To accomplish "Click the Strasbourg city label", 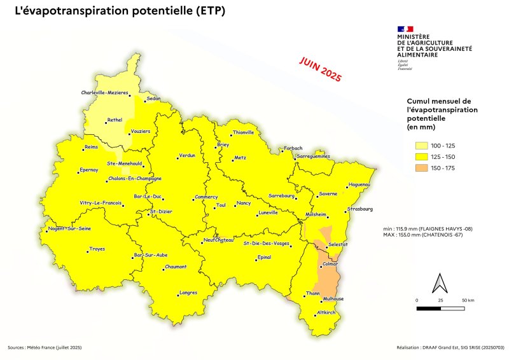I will point(360,209).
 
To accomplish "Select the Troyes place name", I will point(97,249).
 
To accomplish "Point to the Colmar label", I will point(330,264).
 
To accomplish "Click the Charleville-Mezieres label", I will point(104,93).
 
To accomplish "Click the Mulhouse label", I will point(333,299).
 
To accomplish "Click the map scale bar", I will point(440,308).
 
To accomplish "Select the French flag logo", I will point(405,29).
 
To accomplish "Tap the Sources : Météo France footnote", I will point(45,347).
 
